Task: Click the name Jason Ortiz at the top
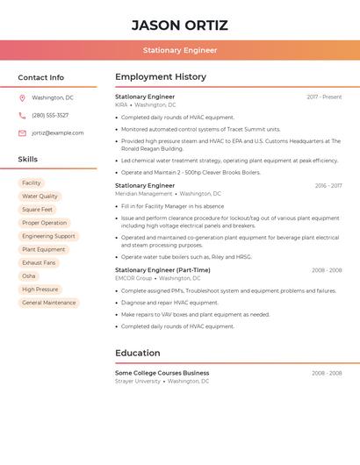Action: coord(180,25)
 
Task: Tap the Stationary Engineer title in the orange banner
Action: coord(180,50)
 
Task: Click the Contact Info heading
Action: coord(41,77)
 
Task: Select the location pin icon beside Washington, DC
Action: coord(22,97)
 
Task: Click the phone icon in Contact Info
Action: coord(22,115)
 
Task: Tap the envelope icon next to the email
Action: coord(22,133)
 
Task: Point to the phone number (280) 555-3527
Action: coord(50,115)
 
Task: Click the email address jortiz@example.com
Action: coord(58,133)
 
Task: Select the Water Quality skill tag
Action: coord(40,197)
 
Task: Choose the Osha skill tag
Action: coord(29,275)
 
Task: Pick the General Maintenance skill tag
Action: coord(49,303)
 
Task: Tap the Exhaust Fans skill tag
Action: coord(39,262)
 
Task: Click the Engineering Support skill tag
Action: coord(48,236)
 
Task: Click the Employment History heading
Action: coord(161,77)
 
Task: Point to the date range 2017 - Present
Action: coord(324,97)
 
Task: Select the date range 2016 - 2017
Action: coord(328,186)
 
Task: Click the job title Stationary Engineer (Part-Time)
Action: coord(162,270)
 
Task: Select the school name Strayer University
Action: coord(138,382)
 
